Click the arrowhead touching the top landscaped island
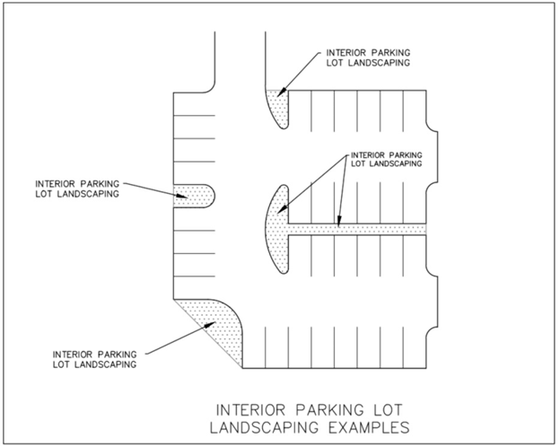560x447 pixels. pos(281,92)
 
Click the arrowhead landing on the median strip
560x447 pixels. pos(337,224)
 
